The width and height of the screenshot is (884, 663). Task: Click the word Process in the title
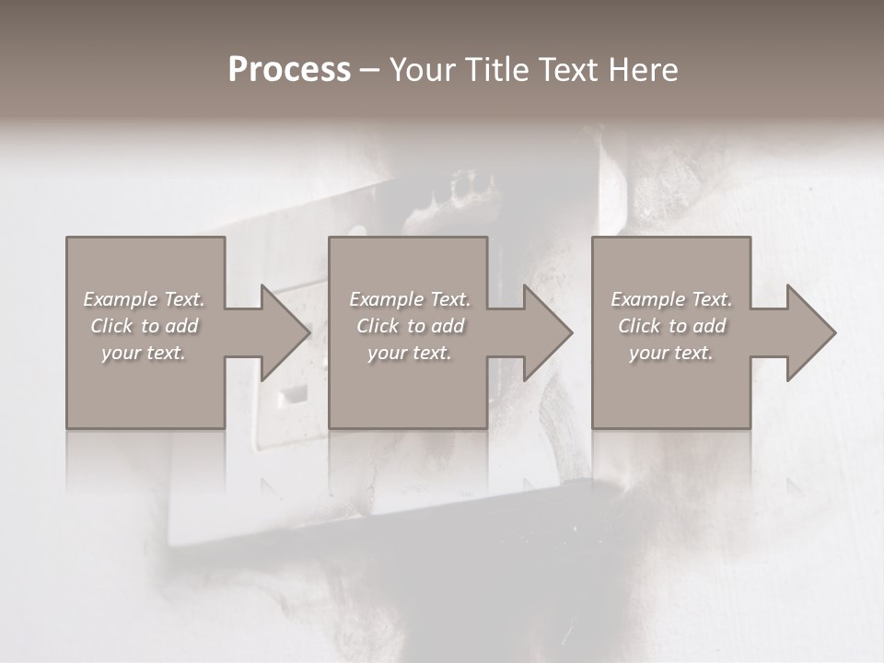tap(289, 70)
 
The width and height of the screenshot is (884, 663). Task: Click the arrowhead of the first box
tap(285, 332)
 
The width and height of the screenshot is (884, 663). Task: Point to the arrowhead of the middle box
tap(548, 332)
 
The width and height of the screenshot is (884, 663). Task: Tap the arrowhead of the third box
tap(810, 332)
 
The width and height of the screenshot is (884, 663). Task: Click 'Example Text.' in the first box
tap(144, 299)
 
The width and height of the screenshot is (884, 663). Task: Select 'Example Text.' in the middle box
tap(410, 299)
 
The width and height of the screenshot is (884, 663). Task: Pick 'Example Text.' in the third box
tap(671, 299)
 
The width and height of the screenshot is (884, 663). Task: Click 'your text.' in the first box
tap(144, 353)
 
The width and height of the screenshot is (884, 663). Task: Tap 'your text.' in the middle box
tap(410, 353)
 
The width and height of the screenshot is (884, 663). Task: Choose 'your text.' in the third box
tap(671, 353)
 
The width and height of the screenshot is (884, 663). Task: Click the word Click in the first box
tap(112, 326)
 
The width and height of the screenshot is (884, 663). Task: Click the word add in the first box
tap(182, 326)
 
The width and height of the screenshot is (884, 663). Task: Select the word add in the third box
tap(710, 326)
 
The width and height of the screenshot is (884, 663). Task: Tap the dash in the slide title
tap(369, 70)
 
